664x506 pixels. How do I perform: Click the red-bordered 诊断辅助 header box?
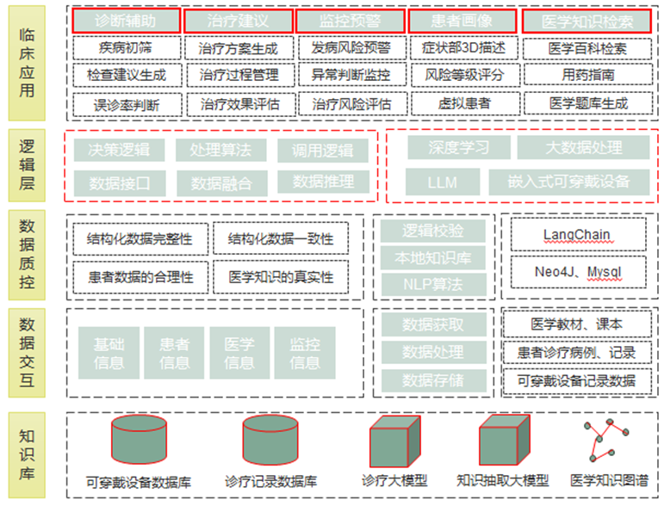click(127, 21)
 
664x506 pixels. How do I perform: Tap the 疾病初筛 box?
click(127, 47)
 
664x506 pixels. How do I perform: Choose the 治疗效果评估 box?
click(239, 104)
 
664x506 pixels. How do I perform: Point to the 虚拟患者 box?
click(463, 104)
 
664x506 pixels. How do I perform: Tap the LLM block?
click(443, 182)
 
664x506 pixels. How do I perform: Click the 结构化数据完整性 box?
click(140, 238)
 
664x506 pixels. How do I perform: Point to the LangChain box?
click(577, 234)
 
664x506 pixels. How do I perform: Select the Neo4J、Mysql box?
click(577, 272)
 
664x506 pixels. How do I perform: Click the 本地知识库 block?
click(432, 257)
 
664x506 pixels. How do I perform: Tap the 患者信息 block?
click(174, 353)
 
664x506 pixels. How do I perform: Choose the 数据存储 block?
click(432, 379)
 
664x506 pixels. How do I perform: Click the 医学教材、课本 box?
click(577, 324)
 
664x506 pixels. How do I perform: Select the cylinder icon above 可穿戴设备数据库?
click(140, 440)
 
